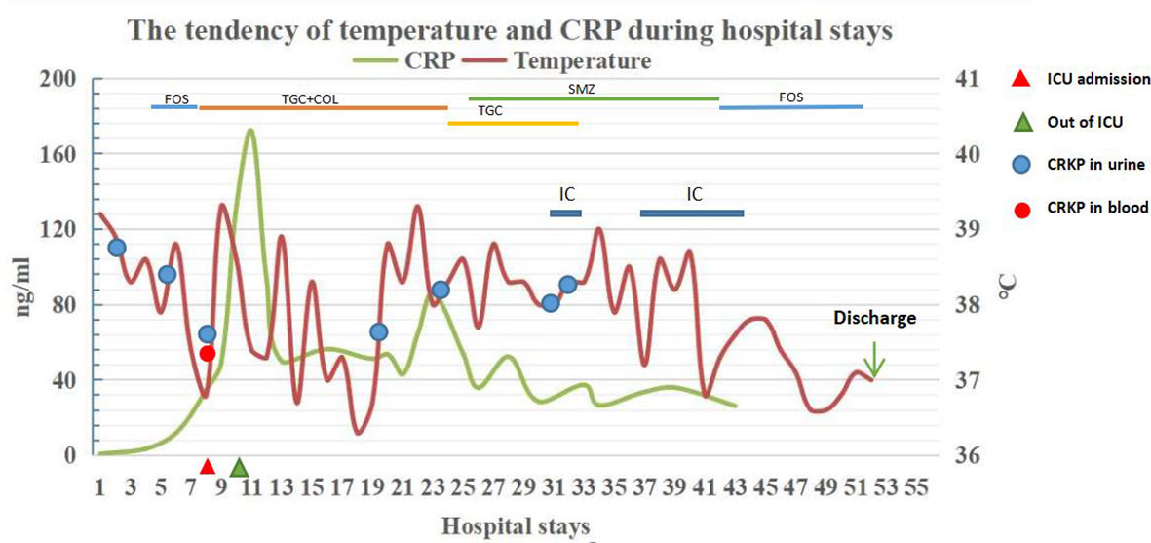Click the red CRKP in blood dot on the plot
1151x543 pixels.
click(207, 353)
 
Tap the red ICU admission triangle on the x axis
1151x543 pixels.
click(207, 466)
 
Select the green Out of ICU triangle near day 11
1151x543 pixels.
click(240, 467)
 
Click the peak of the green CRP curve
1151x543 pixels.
click(250, 130)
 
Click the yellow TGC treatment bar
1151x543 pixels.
click(513, 123)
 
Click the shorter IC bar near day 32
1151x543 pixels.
click(565, 213)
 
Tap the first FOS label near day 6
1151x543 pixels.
click(176, 98)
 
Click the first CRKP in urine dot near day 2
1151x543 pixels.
click(116, 248)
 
